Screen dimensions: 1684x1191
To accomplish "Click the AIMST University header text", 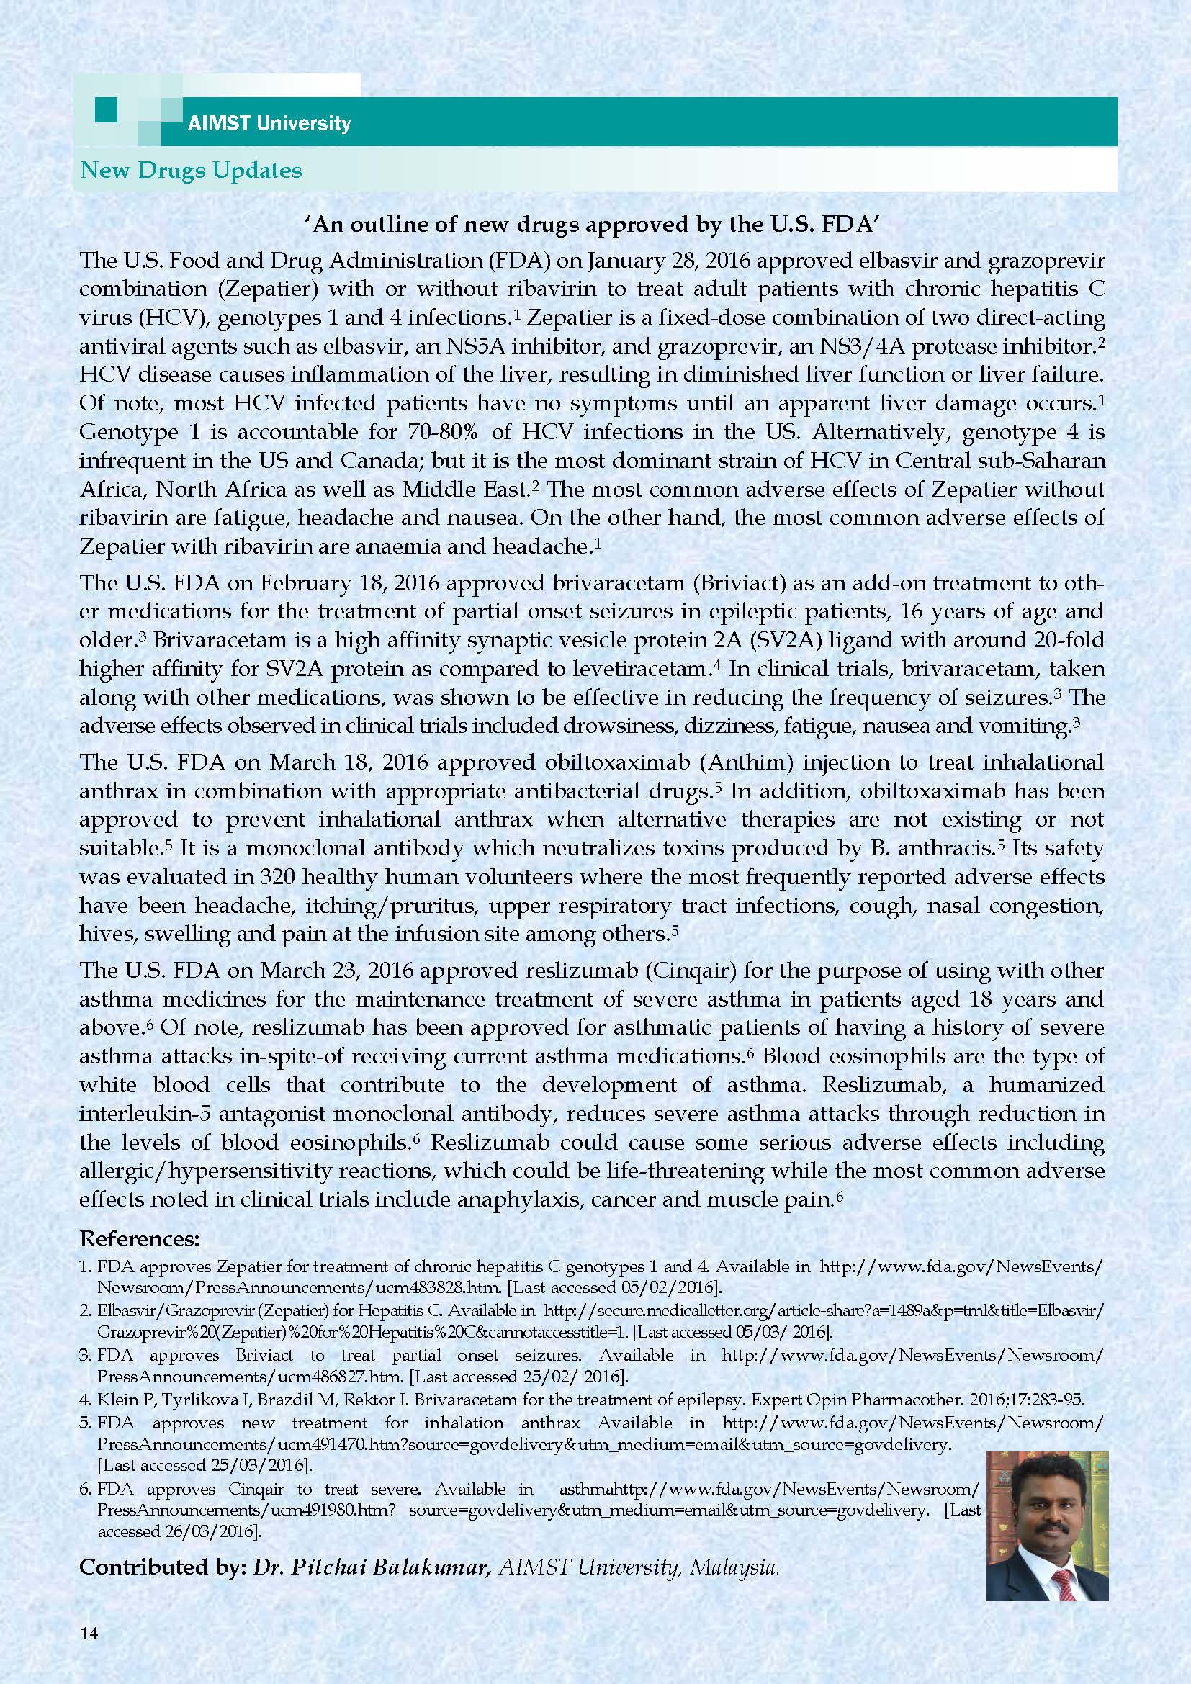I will point(269,122).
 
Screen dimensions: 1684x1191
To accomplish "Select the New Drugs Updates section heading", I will point(191,170).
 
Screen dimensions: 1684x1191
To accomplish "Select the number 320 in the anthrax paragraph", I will point(276,877).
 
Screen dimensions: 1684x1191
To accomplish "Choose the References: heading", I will point(140,1239).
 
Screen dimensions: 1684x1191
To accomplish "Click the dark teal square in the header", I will point(107,110).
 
